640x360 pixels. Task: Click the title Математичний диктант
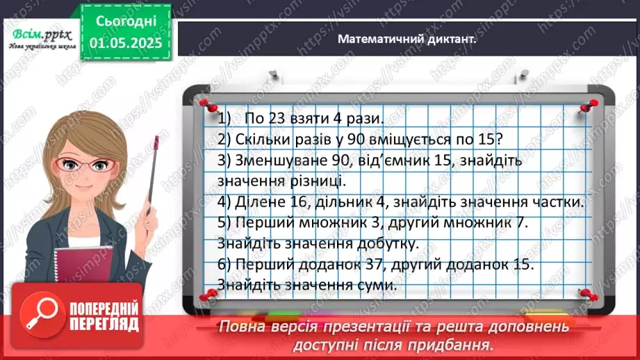[x=407, y=40]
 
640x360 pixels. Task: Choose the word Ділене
[x=250, y=202]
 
